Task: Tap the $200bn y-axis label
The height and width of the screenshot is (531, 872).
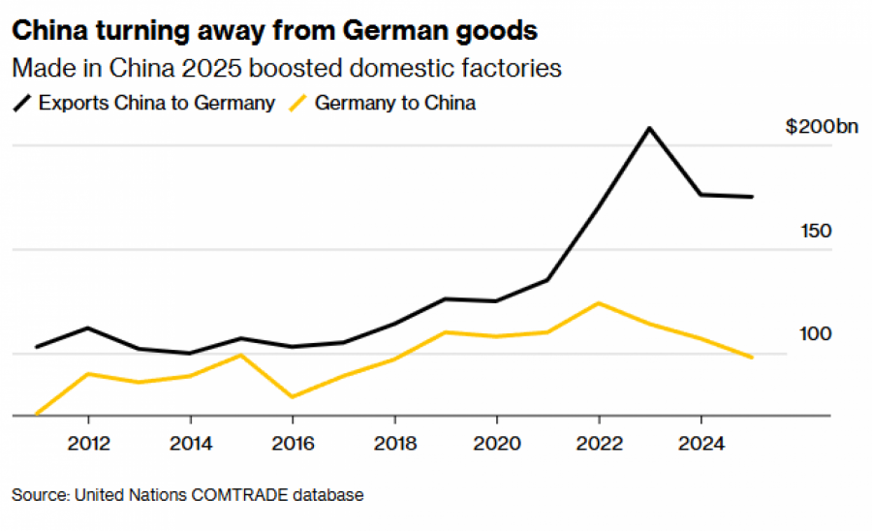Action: pos(809,127)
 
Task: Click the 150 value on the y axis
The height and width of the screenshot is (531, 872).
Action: pos(817,231)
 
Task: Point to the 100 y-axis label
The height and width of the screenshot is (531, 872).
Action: pos(817,334)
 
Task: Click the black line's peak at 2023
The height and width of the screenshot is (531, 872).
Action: pos(649,128)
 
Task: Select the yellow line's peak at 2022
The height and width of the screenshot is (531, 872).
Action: pos(599,303)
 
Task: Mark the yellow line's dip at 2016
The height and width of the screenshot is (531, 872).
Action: pos(293,396)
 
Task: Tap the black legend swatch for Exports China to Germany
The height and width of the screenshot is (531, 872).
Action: pos(21,102)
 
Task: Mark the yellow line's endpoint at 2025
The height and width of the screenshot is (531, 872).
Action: pos(752,358)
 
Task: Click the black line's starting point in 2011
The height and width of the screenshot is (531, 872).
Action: pos(37,346)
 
